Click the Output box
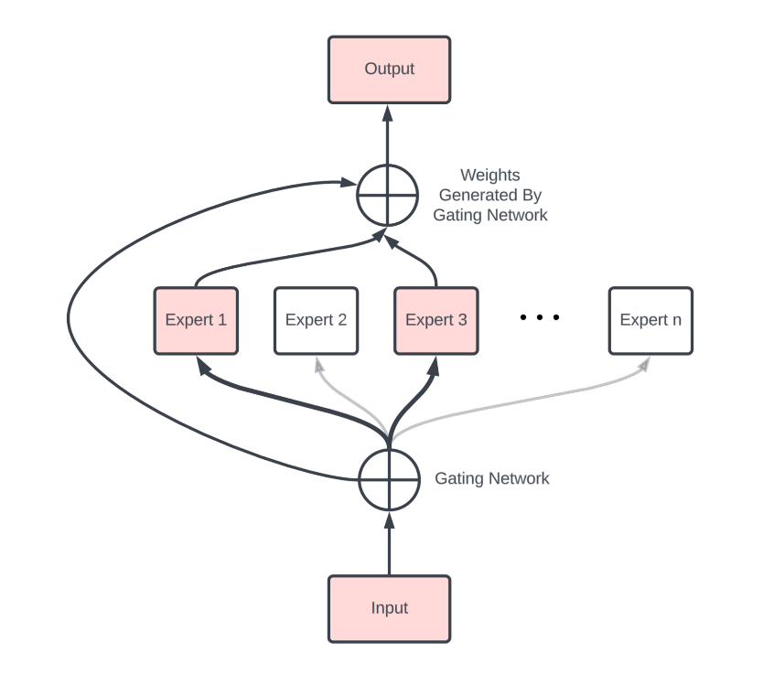389,69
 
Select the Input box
389,608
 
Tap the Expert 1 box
196,320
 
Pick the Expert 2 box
316,320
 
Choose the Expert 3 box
435,320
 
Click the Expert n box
650,320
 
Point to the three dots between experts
539,318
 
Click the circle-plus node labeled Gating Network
388,479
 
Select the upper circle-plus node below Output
387,194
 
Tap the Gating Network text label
491,478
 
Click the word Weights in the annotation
489,175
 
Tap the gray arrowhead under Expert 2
319,365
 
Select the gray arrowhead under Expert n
644,364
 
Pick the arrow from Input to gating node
388,544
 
